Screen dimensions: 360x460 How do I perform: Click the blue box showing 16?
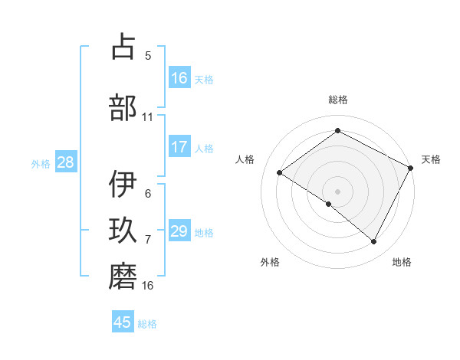click(179, 78)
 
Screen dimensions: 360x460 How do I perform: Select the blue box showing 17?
click(179, 146)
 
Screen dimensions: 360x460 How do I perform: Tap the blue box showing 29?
click(179, 231)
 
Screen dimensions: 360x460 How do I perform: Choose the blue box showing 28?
click(65, 162)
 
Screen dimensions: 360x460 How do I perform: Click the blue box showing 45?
click(123, 322)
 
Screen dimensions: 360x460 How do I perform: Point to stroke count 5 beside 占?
click(148, 55)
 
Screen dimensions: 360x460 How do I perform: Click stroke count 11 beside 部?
click(148, 116)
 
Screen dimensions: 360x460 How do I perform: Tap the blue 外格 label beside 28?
click(41, 162)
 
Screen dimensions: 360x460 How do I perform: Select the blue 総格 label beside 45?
click(148, 323)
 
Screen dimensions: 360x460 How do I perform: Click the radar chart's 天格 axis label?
click(431, 159)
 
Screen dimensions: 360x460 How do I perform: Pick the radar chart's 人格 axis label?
click(245, 159)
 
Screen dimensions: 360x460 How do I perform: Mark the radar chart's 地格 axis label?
click(402, 262)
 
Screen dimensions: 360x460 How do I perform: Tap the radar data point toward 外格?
click(329, 204)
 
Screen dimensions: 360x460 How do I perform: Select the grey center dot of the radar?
click(337, 190)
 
